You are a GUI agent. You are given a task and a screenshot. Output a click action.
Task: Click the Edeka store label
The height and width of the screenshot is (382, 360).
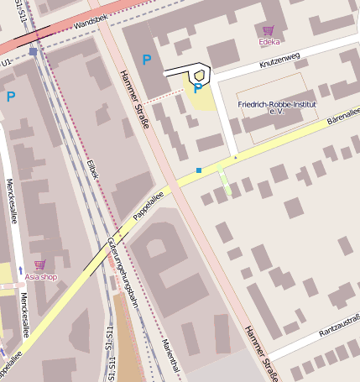[269, 39]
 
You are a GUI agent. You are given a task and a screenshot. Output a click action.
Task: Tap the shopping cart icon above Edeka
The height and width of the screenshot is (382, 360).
[269, 29]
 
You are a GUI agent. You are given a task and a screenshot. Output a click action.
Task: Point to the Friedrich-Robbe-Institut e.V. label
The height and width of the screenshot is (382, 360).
[277, 107]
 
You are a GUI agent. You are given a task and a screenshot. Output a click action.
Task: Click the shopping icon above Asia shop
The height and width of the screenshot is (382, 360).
[39, 264]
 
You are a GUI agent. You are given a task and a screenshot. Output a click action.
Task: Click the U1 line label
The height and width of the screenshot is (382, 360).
[7, 62]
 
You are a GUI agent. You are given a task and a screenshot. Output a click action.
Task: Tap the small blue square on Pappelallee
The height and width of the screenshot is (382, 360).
[199, 170]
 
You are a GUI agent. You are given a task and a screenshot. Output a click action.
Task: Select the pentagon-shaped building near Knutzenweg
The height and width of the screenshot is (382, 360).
[196, 75]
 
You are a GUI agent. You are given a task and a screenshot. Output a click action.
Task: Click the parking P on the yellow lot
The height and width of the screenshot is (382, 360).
[198, 87]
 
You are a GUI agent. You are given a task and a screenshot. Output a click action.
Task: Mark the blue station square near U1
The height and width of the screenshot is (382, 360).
[33, 51]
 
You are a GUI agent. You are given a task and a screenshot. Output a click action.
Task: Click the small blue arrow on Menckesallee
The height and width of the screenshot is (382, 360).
[20, 271]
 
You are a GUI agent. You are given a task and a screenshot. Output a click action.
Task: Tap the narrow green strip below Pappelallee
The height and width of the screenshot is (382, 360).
[225, 181]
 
